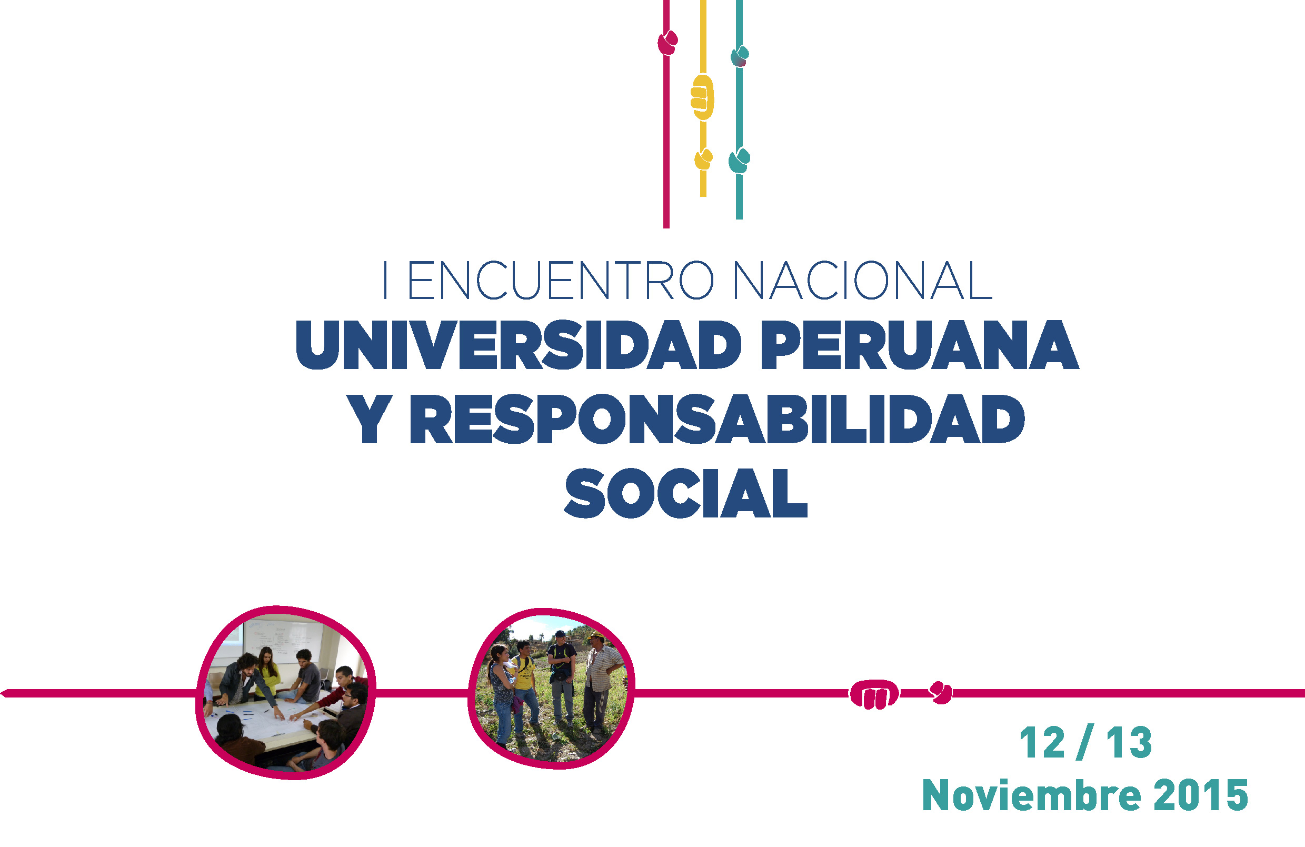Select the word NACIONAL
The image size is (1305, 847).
pos(862,280)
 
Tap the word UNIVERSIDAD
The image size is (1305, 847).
pos(518,345)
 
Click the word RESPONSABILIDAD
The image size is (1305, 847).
pos(717,419)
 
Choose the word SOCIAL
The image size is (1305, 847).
pos(686,493)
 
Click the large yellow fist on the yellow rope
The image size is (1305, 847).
pos(702,97)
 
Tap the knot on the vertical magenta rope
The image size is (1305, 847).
pos(668,43)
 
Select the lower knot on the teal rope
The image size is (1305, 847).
pos(739,161)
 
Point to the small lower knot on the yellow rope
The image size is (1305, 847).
pos(703,159)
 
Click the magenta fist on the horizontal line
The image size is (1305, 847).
pos(874,694)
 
